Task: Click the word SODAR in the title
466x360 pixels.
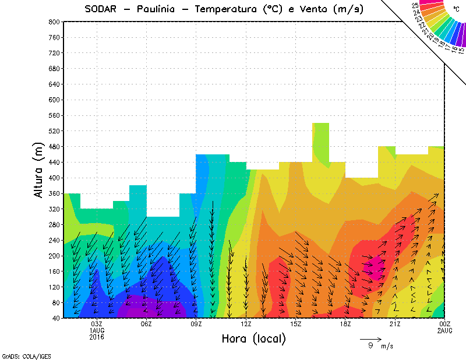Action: click(x=103, y=9)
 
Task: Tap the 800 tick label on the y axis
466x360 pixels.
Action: click(x=53, y=22)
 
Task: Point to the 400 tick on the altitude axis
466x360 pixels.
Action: click(x=53, y=178)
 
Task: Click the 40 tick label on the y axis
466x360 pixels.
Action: click(x=55, y=318)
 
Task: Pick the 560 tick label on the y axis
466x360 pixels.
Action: click(x=53, y=115)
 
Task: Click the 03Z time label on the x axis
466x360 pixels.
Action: click(x=97, y=324)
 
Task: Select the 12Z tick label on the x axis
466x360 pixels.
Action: click(x=246, y=324)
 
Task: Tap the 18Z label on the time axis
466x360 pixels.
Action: click(x=345, y=324)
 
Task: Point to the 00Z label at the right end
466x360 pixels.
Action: click(x=445, y=324)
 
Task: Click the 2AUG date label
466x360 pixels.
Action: click(x=445, y=330)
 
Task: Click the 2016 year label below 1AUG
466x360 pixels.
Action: click(x=97, y=337)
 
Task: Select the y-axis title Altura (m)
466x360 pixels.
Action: click(x=39, y=169)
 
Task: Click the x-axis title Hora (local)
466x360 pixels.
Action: click(x=252, y=338)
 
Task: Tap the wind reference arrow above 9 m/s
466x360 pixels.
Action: click(x=370, y=338)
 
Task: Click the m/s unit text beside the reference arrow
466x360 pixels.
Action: click(x=387, y=346)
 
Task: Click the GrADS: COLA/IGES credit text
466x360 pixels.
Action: click(x=20, y=355)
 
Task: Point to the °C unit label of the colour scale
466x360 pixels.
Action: click(x=455, y=9)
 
